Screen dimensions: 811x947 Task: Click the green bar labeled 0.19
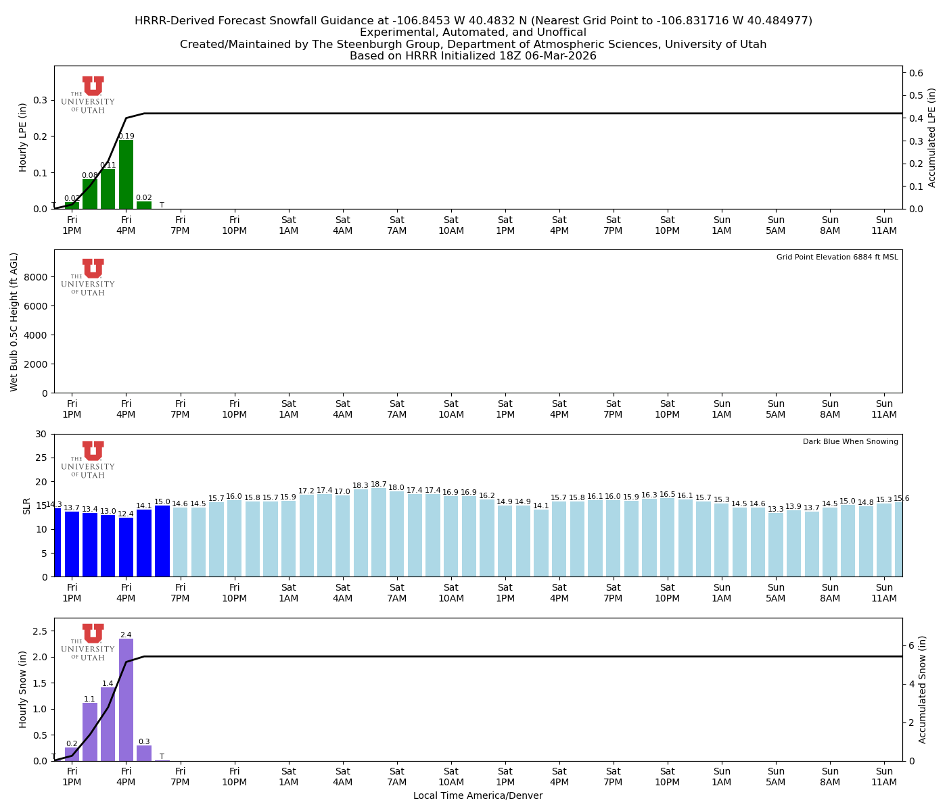click(126, 174)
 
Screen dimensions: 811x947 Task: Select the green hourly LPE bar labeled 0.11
click(108, 189)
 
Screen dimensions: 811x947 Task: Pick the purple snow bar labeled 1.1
click(90, 732)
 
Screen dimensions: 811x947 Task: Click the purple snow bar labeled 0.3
click(144, 753)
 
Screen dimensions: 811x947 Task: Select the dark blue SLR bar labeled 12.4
click(126, 547)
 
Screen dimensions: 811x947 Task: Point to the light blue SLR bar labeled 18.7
click(379, 532)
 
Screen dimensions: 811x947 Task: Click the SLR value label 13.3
click(776, 509)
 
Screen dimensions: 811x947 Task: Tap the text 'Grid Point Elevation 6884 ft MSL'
click(837, 257)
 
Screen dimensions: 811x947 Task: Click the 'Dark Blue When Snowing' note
click(850, 442)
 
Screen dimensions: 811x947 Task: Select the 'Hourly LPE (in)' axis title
click(23, 137)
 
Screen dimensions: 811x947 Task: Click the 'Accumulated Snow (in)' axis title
click(923, 689)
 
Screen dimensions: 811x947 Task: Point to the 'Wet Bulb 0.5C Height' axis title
click(14, 322)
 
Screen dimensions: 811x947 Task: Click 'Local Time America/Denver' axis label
click(478, 796)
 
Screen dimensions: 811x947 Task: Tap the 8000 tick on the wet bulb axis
click(38, 277)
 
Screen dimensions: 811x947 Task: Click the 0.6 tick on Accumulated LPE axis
click(916, 73)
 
